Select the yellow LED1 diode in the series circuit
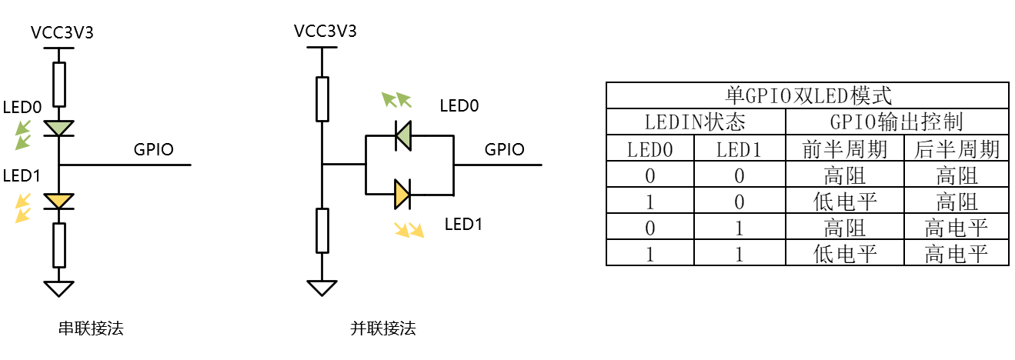point(58,202)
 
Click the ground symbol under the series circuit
point(58,287)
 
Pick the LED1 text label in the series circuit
point(22,176)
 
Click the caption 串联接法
point(91,329)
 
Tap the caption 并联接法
point(382,329)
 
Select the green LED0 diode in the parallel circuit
point(402,135)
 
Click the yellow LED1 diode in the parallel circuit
point(402,194)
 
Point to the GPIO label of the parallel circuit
point(504,149)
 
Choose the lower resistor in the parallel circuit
point(322,229)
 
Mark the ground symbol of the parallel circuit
point(322,287)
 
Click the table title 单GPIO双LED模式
point(807,95)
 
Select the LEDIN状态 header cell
point(696,122)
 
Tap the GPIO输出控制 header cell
point(896,122)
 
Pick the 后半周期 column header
point(957,149)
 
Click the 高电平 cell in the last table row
point(957,254)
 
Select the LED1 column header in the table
point(740,149)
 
